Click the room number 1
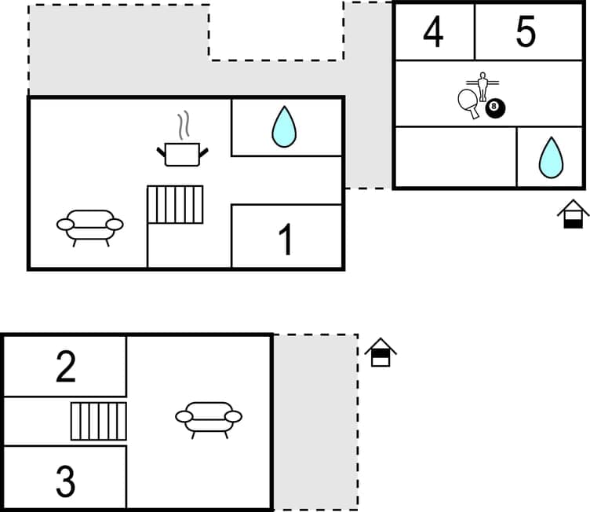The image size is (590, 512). [x=286, y=240]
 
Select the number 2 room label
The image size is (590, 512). [x=66, y=367]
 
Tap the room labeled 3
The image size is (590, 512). [x=66, y=481]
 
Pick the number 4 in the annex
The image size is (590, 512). [x=432, y=32]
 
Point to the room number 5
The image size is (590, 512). [x=526, y=31]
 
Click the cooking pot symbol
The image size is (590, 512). [x=182, y=154]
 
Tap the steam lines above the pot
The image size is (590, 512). [x=183, y=125]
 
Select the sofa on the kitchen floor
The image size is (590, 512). [x=90, y=226]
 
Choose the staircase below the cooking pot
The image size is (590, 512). [x=175, y=205]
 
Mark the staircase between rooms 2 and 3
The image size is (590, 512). [x=98, y=421]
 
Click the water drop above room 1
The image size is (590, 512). [x=283, y=126]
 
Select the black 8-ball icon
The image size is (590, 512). [x=495, y=108]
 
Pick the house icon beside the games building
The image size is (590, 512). [x=573, y=214]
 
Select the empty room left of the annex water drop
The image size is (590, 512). [x=455, y=157]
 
